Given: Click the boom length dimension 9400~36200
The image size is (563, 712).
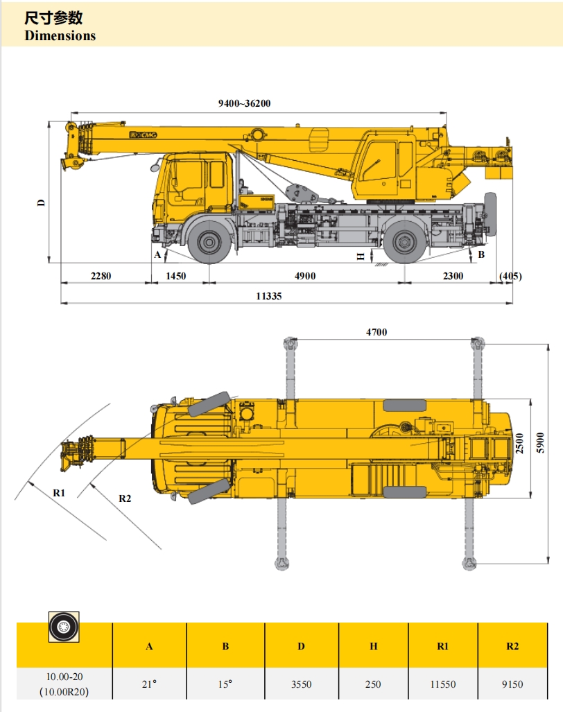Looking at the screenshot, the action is [244, 103].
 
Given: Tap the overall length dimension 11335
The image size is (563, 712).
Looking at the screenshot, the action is [269, 296].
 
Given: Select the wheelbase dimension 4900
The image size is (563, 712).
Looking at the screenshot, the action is [305, 276].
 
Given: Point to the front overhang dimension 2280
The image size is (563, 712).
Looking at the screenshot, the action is [101, 276].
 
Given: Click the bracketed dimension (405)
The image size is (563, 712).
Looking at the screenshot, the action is [510, 276].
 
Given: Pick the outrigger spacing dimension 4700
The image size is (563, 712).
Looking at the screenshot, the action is [376, 332].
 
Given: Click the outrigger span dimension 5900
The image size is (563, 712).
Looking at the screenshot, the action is [540, 442].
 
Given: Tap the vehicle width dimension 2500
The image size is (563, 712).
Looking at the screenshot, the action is [519, 443].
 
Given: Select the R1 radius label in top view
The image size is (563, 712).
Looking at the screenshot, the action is [59, 493].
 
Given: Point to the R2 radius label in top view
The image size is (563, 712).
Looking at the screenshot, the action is [125, 498].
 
